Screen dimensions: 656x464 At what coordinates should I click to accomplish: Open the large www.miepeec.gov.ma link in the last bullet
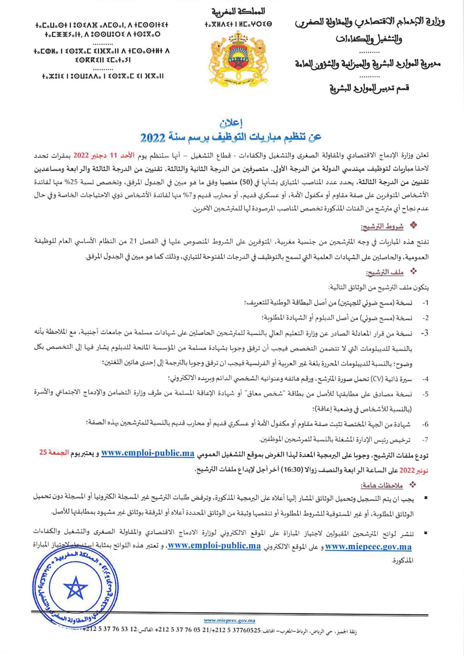click(368, 547)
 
